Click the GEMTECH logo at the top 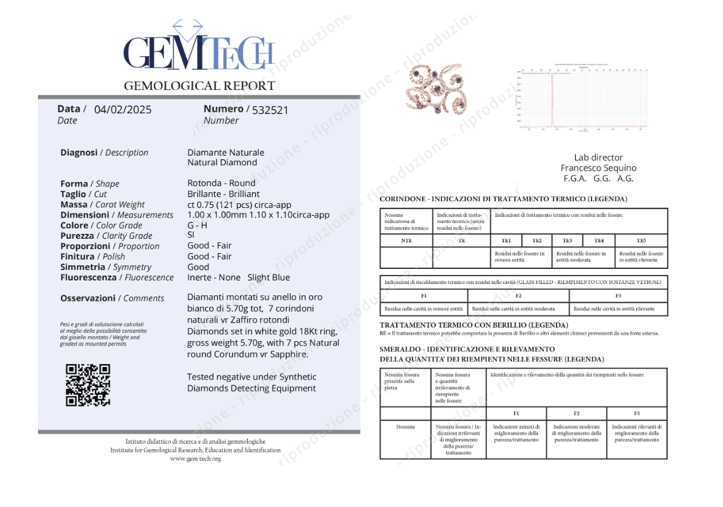click(199, 51)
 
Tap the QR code click(88, 385)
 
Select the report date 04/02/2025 click(123, 110)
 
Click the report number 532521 click(270, 110)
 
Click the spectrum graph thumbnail click(582, 96)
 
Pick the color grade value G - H click(197, 225)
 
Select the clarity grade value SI click(191, 236)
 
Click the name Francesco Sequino click(598, 168)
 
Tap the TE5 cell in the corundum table click(640, 241)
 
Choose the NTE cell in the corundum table click(406, 241)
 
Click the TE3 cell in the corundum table click(567, 241)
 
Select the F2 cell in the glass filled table click(519, 296)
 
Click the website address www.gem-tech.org click(195, 459)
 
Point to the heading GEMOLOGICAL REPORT click(199, 86)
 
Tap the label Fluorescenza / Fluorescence click(117, 277)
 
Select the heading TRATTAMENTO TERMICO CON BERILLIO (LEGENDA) click(474, 325)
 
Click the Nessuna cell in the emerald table click(405, 427)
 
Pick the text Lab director click(598, 157)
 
